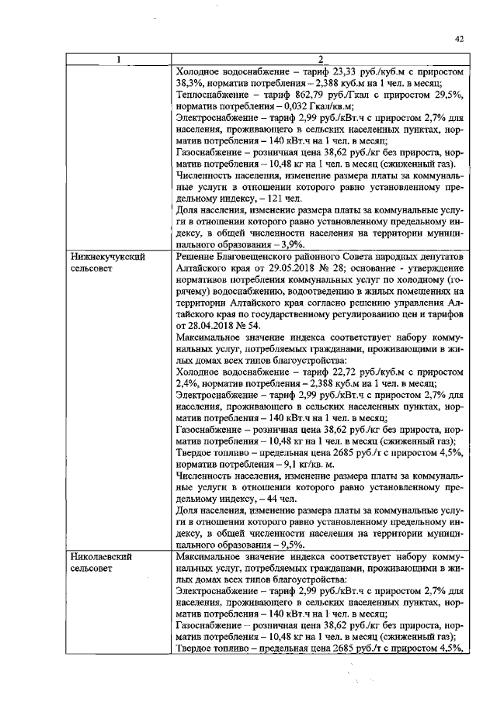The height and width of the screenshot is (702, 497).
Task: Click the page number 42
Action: coord(459,40)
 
